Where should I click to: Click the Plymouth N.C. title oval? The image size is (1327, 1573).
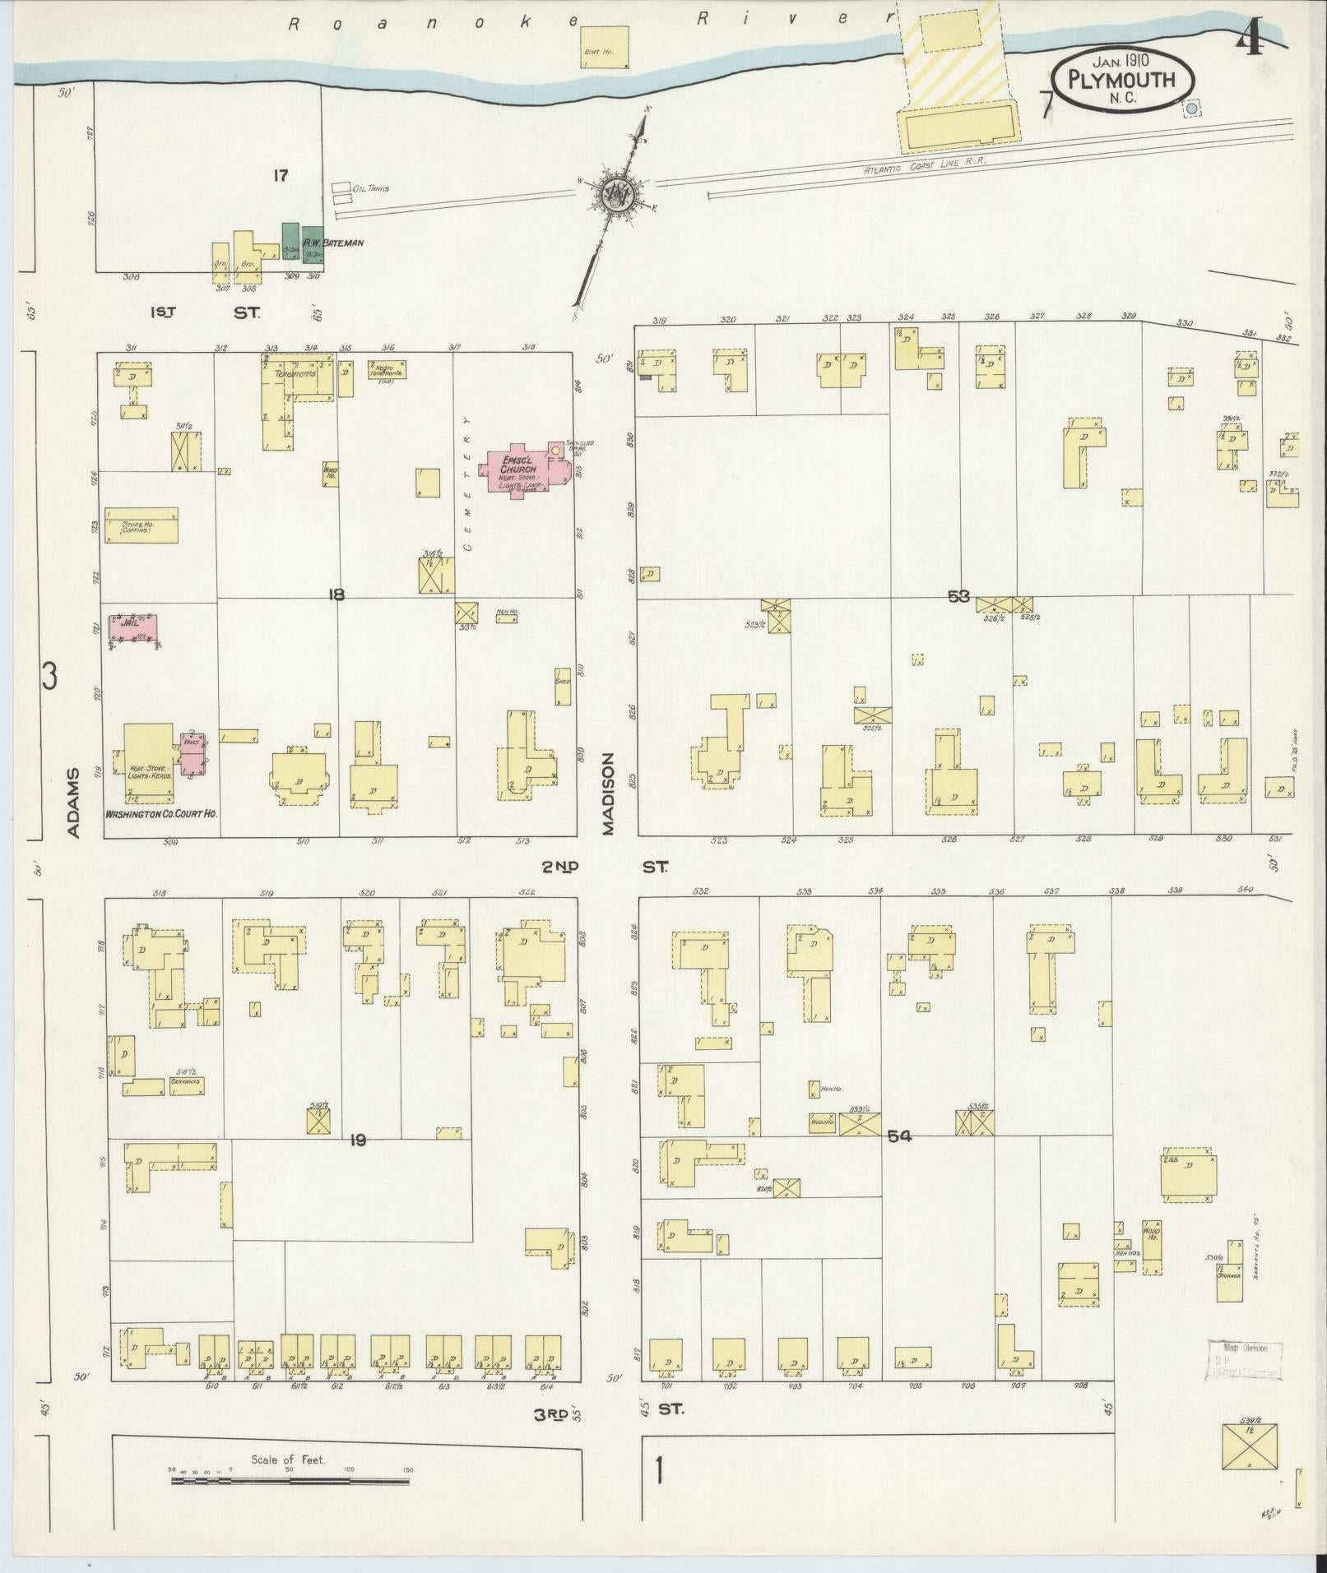point(1123,81)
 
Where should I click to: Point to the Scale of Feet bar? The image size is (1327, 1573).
point(290,905)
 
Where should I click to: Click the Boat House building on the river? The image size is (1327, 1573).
point(606,49)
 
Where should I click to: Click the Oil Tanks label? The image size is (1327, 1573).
point(370,188)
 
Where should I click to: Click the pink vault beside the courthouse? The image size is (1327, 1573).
point(193,752)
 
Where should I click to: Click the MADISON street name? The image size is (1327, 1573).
point(609,794)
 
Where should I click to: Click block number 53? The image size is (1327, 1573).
point(958,596)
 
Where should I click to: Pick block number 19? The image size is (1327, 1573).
point(357,1140)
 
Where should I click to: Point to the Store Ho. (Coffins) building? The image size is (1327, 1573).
point(141,525)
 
